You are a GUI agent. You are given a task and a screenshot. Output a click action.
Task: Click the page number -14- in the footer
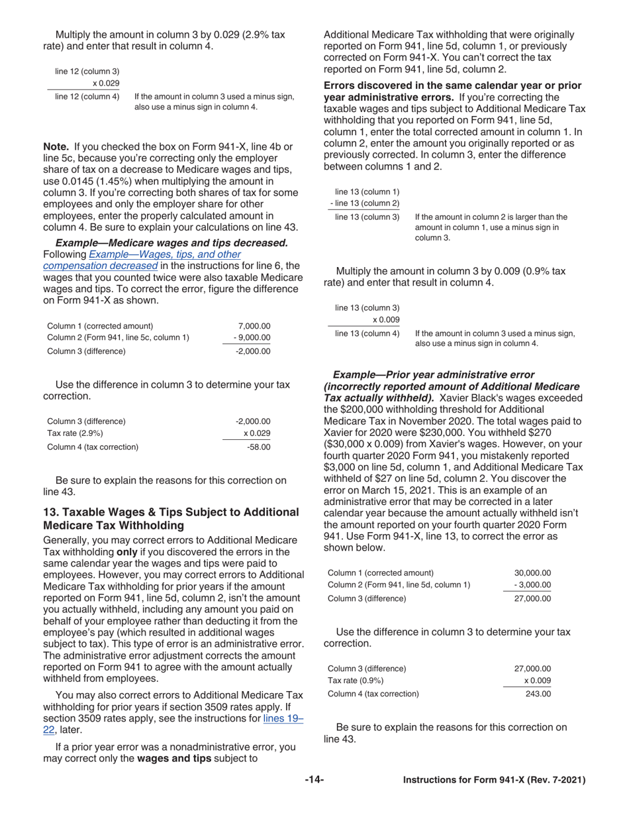(314, 780)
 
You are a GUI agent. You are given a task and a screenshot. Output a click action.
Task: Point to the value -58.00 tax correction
(258, 447)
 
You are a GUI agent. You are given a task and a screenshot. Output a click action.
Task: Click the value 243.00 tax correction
(538, 694)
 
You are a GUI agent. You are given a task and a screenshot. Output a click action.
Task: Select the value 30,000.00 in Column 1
(532, 573)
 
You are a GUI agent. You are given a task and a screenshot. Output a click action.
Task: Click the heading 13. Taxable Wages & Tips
(171, 519)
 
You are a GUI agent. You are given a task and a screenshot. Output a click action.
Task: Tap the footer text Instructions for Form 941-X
(494, 780)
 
